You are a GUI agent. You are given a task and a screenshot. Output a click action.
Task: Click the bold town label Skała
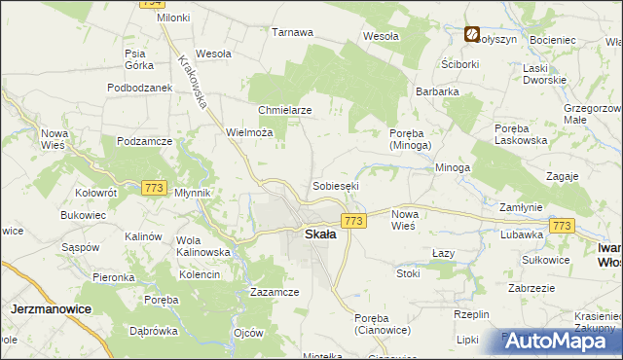click(321, 234)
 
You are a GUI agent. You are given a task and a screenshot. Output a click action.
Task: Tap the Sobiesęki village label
click(336, 185)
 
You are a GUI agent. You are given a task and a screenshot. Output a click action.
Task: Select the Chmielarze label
click(284, 110)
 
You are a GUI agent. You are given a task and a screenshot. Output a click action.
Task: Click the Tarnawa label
click(292, 32)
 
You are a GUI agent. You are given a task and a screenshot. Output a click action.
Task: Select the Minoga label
click(453, 167)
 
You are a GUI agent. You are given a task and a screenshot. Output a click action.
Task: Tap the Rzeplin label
click(470, 314)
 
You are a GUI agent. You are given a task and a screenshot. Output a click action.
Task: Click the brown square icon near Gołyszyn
click(471, 35)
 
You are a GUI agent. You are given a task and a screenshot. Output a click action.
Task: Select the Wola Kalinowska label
click(202, 246)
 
